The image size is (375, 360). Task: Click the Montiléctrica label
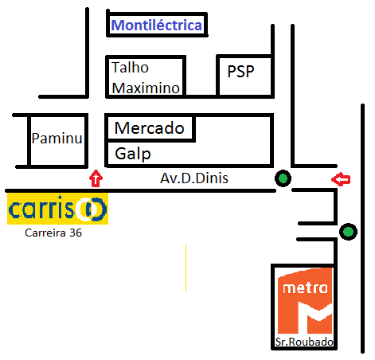coord(157,25)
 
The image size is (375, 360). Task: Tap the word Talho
coord(130,68)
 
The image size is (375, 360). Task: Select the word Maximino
coord(146,88)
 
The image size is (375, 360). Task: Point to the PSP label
coord(240,72)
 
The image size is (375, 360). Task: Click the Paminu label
coord(57,139)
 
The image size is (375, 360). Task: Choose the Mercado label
coord(150,128)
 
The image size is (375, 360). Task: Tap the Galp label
coord(133,154)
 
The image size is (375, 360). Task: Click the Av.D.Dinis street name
coord(194,178)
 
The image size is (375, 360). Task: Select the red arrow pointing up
coord(96,178)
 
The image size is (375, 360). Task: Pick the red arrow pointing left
coord(341,179)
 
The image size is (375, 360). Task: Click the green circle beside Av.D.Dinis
coord(283,178)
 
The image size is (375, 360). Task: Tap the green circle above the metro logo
coord(348,232)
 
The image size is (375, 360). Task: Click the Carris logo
coord(57,209)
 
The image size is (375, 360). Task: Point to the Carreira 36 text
coord(53,233)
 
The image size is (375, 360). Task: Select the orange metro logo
coord(305,300)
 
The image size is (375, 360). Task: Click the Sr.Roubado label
coord(304,342)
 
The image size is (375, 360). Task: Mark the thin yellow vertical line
coord(186,268)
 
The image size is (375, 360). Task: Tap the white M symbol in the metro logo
coord(315,318)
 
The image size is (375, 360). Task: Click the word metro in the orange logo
coord(305,288)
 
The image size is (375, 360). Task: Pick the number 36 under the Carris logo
coord(76,233)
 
